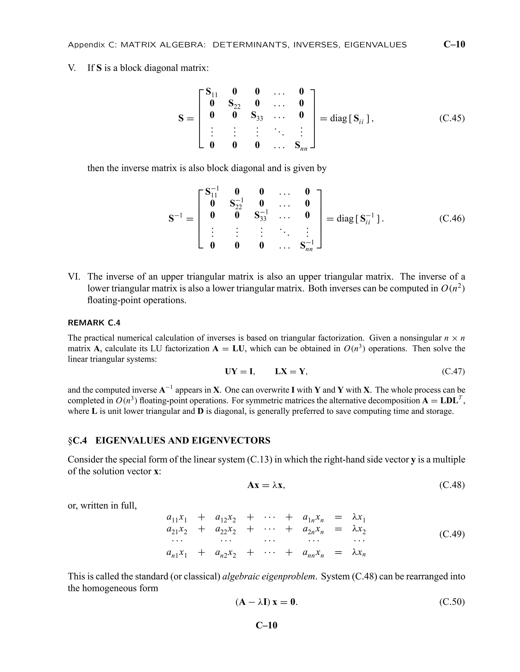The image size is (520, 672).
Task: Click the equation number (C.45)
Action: [452, 118]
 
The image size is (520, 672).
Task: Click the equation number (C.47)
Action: [453, 372]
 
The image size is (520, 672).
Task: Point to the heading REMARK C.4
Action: [94, 323]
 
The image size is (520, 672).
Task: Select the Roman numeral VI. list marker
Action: [74, 277]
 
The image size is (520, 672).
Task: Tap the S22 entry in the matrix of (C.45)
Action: [234, 104]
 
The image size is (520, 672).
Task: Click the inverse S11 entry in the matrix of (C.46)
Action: [212, 192]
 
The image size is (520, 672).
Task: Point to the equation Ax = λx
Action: [266, 485]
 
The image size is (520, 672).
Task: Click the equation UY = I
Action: [240, 372]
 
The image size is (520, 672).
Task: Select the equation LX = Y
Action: [291, 372]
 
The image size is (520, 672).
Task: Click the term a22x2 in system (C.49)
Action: [225, 529]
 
